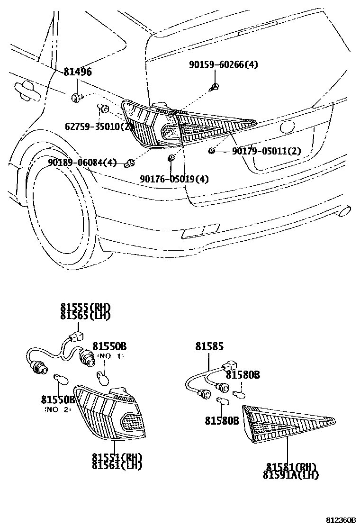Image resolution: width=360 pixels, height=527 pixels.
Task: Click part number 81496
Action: click(x=78, y=72)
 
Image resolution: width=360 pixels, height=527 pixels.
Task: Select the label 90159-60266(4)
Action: click(x=224, y=64)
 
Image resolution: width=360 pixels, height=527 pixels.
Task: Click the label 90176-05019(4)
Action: click(x=174, y=179)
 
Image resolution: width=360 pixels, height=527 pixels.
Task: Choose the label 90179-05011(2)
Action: click(x=266, y=151)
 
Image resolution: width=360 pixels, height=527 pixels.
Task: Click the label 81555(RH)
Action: click(x=85, y=308)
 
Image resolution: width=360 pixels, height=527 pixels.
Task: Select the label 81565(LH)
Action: click(x=85, y=316)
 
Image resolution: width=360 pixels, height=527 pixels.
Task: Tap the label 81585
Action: click(x=209, y=347)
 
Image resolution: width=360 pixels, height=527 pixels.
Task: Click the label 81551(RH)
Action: click(x=117, y=457)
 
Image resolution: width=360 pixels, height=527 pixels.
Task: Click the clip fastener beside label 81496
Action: click(x=77, y=98)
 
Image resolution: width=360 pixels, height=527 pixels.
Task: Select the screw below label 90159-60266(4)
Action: click(x=216, y=86)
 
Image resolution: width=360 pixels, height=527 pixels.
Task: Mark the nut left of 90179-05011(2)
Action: click(x=212, y=151)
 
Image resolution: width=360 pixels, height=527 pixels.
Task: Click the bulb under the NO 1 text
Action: click(x=103, y=377)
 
